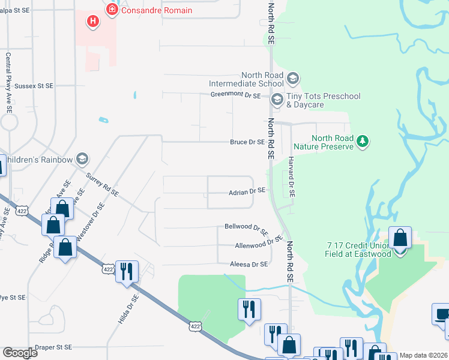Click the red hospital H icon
(x=92, y=22)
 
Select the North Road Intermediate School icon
(x=292, y=79)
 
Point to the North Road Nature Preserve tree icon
(x=362, y=142)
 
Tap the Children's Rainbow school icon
(x=82, y=160)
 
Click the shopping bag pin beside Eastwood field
(x=400, y=238)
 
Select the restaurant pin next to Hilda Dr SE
(x=127, y=272)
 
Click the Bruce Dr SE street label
(x=247, y=142)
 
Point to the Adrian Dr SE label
(x=246, y=192)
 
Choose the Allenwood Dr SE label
(x=258, y=242)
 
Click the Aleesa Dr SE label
(x=248, y=264)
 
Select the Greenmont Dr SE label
(x=235, y=95)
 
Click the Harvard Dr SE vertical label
(x=291, y=177)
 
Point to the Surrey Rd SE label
(x=103, y=186)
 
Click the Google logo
(x=20, y=352)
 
